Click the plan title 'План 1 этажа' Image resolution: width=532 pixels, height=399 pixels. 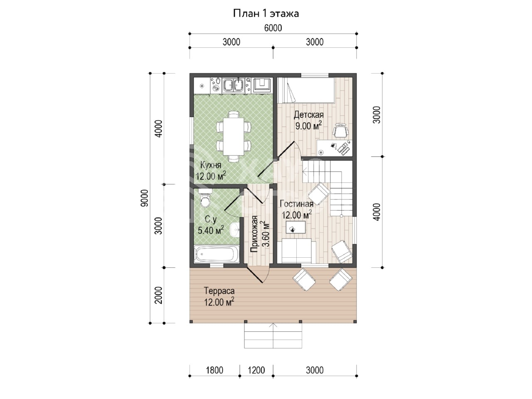pos(266,14)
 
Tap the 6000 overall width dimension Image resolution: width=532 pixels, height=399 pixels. pos(273,28)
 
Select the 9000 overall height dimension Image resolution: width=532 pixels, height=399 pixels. pos(144,198)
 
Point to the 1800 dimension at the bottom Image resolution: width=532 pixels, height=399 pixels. pos(214,370)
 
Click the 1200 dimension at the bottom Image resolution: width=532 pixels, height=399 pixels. pos(256,370)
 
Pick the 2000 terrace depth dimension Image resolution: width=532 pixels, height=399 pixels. pos(158,295)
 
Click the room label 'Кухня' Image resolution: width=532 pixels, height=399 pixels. pos(211,165)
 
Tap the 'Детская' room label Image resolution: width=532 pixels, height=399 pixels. pos(308,115)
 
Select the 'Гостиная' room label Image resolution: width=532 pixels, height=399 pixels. pos(296,204)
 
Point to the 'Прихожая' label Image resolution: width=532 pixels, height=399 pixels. pos(254,234)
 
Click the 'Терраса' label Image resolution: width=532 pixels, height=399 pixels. pos(219,291)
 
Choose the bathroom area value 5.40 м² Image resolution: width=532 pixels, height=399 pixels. pos(211,230)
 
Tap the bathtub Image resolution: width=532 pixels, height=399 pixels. pos(217,254)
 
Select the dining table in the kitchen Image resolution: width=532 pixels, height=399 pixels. pos(234,137)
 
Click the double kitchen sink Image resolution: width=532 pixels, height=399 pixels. pos(63,86)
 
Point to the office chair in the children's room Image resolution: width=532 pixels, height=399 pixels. pos(341,131)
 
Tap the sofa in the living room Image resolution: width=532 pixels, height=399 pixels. pos(296,251)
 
